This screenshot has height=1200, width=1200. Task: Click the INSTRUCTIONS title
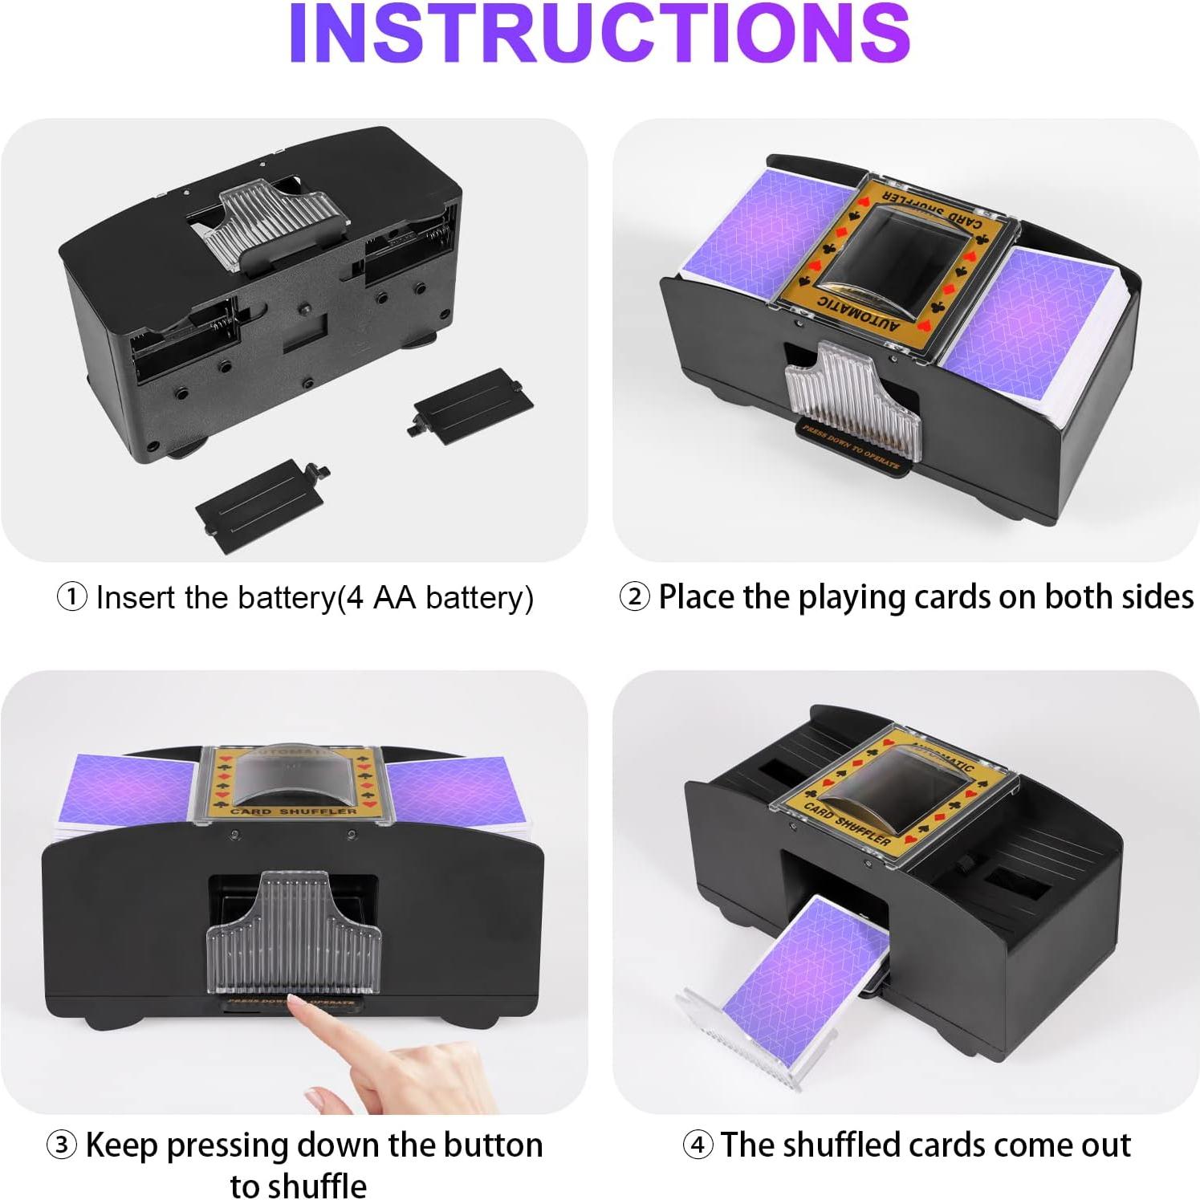600,34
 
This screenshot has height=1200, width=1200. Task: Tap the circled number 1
72,598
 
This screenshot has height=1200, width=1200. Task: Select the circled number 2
635,598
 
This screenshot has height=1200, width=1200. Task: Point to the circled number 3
62,1145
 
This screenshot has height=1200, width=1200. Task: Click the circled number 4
698,1145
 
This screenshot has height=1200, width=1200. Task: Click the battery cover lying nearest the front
258,495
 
